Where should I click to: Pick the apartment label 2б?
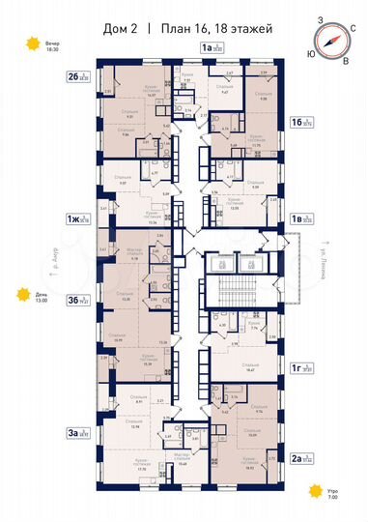pyautogui.click(x=78, y=74)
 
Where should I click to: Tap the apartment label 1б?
pyautogui.click(x=300, y=123)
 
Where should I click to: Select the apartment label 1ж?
pyautogui.click(x=77, y=219)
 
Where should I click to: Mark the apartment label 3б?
pyautogui.click(x=78, y=301)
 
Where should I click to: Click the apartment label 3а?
pyautogui.click(x=78, y=434)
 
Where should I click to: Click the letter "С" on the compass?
pyautogui.click(x=352, y=29)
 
